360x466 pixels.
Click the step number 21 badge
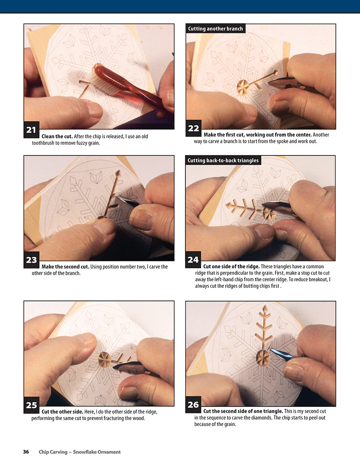tap(31, 130)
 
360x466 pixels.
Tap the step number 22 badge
tap(194, 128)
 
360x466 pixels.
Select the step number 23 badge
tap(32, 260)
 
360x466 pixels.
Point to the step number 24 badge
tap(193, 260)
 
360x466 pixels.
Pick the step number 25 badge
tap(32, 405)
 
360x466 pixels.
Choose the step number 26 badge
tap(193, 405)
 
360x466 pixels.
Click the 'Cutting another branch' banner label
tap(215, 28)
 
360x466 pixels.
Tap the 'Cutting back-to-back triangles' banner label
tap(223, 160)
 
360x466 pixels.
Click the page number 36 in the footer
tap(26, 452)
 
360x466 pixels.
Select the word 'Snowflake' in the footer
tap(85, 452)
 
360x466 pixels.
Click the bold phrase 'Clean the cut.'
tap(57, 136)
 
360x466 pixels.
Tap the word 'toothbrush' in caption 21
tap(42, 143)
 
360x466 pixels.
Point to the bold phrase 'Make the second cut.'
tap(66, 266)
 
